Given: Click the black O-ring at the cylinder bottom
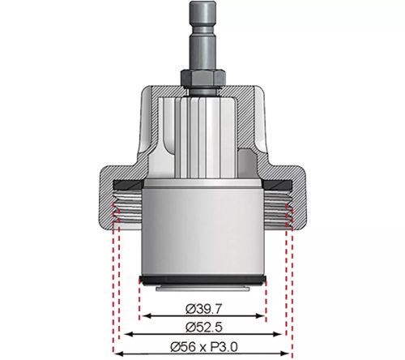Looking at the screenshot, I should (202, 281).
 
